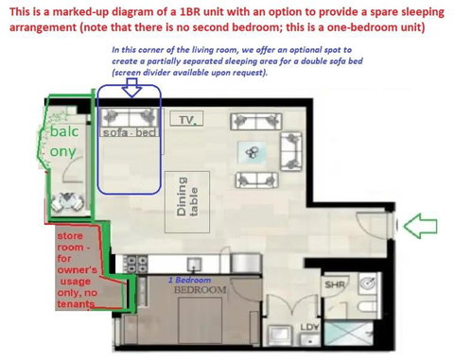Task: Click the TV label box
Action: click(187, 120)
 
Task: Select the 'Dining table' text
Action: click(187, 199)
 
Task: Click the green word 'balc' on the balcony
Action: click(65, 134)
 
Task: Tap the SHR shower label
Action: click(333, 283)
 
